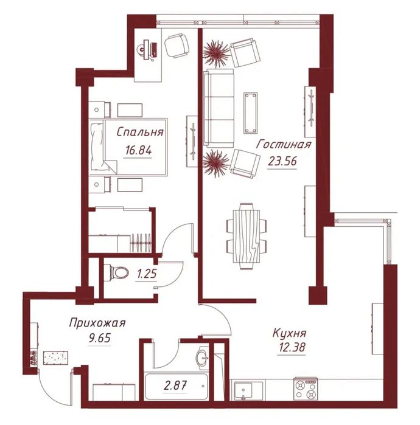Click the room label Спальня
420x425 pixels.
pyautogui.click(x=140, y=132)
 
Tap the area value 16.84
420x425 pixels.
pyautogui.click(x=138, y=150)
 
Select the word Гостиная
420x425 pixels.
pyautogui.click(x=284, y=144)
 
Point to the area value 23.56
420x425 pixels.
pyautogui.click(x=282, y=162)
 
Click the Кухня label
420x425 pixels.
pyautogui.click(x=289, y=333)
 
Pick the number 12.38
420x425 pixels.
pyautogui.click(x=292, y=347)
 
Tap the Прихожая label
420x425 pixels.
pyautogui.click(x=97, y=323)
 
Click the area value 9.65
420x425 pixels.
pyautogui.click(x=100, y=338)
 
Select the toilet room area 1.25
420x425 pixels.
pyautogui.click(x=147, y=274)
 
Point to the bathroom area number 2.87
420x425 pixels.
pyautogui.click(x=175, y=385)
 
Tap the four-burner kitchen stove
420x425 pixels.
pyautogui.click(x=306, y=389)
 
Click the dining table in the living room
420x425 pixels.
pyautogui.click(x=247, y=235)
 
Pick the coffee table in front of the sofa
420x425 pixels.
pyautogui.click(x=251, y=112)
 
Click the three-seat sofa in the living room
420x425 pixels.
pyautogui.click(x=219, y=108)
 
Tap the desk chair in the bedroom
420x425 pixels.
pyautogui.click(x=177, y=46)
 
